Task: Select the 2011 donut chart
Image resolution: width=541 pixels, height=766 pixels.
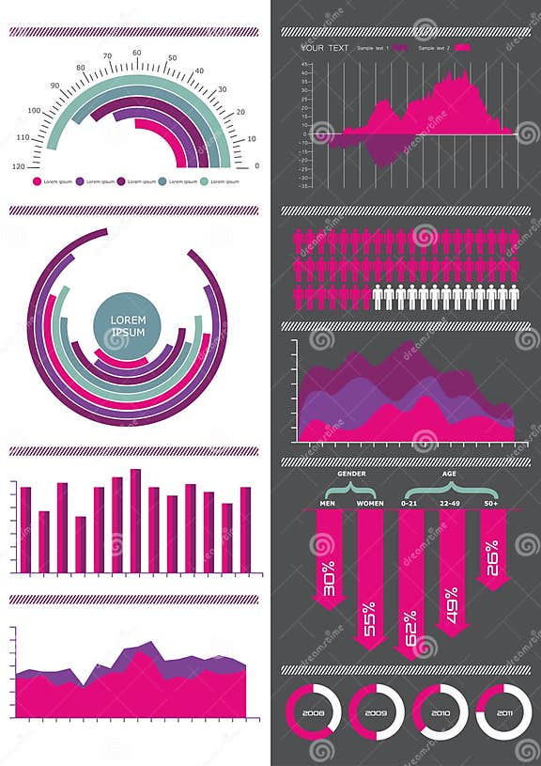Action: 504,711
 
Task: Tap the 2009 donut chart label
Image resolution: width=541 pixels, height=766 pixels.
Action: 376,711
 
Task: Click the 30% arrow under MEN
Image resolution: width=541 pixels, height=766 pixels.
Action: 328,564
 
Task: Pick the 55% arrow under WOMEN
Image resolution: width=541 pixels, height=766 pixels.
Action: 369,583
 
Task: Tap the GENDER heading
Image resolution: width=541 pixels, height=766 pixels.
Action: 351,474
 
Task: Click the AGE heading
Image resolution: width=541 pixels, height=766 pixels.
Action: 449,474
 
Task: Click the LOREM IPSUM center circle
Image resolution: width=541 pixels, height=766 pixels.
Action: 128,328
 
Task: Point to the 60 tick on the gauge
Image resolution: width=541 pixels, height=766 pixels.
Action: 138,54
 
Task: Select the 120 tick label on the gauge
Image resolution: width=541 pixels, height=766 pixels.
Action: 19,166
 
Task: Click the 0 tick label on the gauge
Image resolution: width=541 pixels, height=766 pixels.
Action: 256,166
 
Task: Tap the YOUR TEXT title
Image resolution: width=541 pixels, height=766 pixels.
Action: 324,47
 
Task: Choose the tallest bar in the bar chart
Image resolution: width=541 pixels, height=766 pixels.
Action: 135,521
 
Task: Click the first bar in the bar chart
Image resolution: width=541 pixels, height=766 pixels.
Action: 25,529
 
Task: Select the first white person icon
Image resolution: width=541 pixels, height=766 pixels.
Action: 378,297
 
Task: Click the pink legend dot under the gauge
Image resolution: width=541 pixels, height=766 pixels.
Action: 37,180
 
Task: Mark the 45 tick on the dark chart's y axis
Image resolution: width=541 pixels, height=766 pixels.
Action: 305,64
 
